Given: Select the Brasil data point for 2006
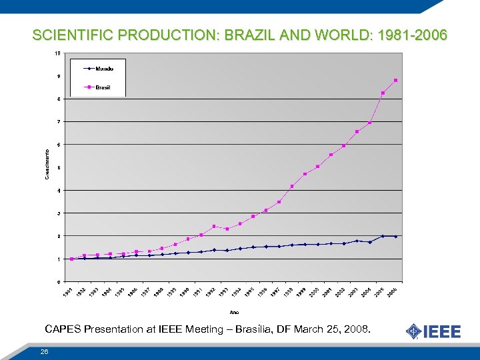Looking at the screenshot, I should coord(395,81).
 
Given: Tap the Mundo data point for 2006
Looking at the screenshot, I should coord(395,236).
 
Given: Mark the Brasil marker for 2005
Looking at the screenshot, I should coord(383,93).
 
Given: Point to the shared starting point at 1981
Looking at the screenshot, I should coord(71,259).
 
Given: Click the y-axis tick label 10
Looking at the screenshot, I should coord(58,53).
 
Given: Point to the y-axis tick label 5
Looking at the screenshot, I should coord(59,167).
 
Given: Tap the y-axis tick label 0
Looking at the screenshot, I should coord(59,281).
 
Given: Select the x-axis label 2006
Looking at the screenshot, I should coord(393,292).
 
